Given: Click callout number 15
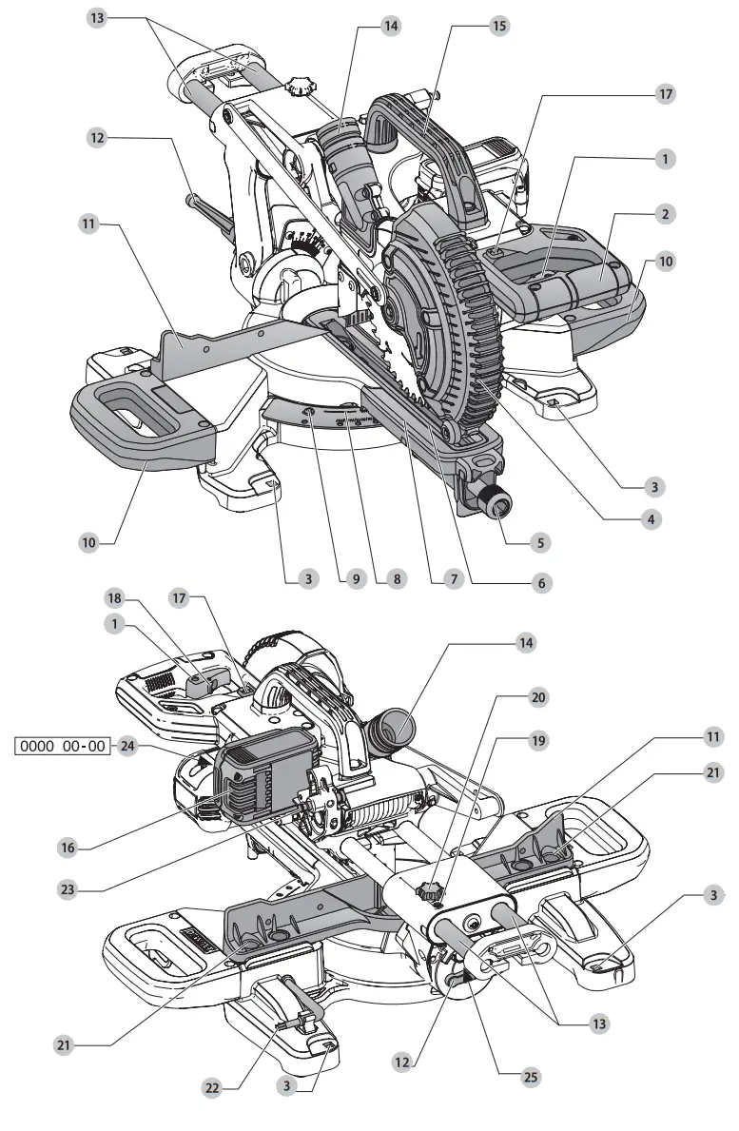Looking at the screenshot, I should pos(498,26).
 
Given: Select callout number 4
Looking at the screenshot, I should pos(651,520).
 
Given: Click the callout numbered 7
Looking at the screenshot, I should pos(453,578).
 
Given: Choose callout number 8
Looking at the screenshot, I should pos(453,578).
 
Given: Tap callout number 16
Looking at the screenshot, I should pos(355,578).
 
